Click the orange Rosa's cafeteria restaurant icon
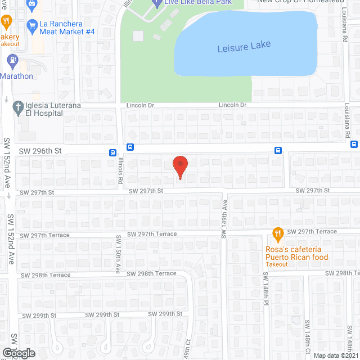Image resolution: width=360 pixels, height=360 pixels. tap(277, 233)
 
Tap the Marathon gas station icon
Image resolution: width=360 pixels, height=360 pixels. tap(11, 59)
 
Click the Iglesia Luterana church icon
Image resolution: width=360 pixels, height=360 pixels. tap(17, 105)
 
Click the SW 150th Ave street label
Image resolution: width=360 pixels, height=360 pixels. tap(118, 254)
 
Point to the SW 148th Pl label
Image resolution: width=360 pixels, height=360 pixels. tap(265, 290)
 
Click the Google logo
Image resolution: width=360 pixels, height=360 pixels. tap(18, 353)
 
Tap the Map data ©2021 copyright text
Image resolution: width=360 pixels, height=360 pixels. tap(336, 355)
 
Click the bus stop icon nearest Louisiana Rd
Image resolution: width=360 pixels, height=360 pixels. tap(354, 144)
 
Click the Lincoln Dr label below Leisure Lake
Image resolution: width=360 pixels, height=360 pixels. tap(232, 105)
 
